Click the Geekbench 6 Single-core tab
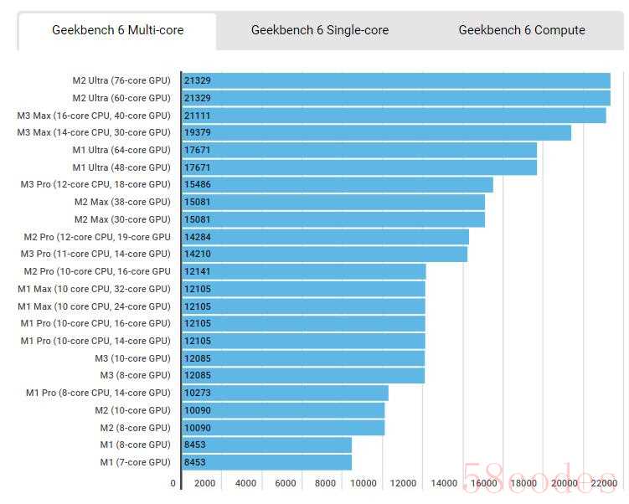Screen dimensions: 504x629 pos(319,30)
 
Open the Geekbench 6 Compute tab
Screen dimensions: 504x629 pos(521,30)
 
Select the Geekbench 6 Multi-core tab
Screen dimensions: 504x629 pos(117,30)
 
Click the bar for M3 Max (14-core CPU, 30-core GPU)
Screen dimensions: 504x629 pos(376,132)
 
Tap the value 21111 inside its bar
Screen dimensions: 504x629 pos(197,116)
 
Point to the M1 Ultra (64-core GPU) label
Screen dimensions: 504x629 pos(121,150)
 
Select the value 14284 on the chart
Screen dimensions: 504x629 pos(197,237)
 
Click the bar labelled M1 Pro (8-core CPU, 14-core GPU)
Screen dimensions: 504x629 pos(285,393)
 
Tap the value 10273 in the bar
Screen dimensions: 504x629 pos(197,393)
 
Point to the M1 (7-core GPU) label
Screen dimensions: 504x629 pos(135,462)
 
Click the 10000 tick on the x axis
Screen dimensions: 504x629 pos(363,483)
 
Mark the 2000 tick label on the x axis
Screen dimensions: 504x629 pos(204,483)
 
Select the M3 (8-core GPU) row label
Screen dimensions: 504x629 pos(135,375)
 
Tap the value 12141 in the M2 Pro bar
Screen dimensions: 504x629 pos(197,271)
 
